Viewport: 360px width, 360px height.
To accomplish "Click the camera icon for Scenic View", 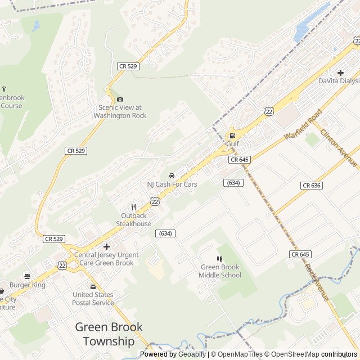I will pyautogui.click(x=120, y=100).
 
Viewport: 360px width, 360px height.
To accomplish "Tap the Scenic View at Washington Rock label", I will pyautogui.click(x=120, y=111).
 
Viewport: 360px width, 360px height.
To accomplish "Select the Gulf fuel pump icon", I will pyautogui.click(x=232, y=136).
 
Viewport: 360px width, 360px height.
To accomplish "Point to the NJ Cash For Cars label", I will pyautogui.click(x=172, y=184).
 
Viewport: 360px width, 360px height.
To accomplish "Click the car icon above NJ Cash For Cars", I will pyautogui.click(x=172, y=175).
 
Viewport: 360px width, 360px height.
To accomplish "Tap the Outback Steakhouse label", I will pyautogui.click(x=134, y=219).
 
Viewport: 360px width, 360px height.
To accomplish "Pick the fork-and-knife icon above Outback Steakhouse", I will pyautogui.click(x=133, y=207).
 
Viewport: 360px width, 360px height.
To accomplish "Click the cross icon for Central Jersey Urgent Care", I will pyautogui.click(x=106, y=246).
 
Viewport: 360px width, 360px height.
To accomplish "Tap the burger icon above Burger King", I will pyautogui.click(x=27, y=276).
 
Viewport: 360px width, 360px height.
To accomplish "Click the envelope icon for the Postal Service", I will pyautogui.click(x=93, y=286).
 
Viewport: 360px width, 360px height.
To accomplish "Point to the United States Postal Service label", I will pyautogui.click(x=93, y=299).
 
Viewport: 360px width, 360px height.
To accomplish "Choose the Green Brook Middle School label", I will pyautogui.click(x=219, y=271).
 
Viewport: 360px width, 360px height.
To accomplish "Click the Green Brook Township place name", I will pyautogui.click(x=109, y=334).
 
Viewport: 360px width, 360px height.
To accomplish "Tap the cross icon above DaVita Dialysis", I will pyautogui.click(x=340, y=73).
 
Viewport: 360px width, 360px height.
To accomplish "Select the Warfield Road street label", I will pyautogui.click(x=303, y=124).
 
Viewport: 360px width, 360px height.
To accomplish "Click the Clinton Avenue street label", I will pyautogui.click(x=339, y=148).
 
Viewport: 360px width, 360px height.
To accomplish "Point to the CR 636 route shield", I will pyautogui.click(x=311, y=186).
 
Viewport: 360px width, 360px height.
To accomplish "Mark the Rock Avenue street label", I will pyautogui.click(x=317, y=282).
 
